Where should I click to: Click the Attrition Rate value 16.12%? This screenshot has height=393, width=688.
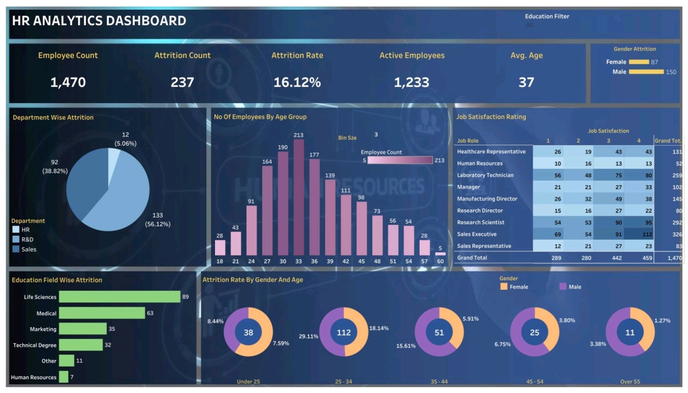tap(296, 82)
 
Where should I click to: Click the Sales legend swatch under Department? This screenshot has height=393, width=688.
tap(16, 249)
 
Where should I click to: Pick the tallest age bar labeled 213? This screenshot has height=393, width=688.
tap(299, 197)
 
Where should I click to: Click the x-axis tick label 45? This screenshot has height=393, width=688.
tap(361, 262)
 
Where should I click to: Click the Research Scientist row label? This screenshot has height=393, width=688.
tap(480, 223)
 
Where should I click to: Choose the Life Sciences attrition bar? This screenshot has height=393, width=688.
tap(119, 297)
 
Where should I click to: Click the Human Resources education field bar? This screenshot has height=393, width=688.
tap(63, 377)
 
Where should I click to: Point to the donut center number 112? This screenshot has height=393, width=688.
tap(344, 332)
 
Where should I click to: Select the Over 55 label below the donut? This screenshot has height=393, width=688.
tap(630, 382)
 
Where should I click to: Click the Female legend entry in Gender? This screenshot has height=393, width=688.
tap(514, 287)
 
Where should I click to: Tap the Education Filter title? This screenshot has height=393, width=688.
tap(547, 17)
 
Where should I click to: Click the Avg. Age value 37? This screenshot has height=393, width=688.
tap(526, 82)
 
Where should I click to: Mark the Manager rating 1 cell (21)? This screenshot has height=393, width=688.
tap(548, 187)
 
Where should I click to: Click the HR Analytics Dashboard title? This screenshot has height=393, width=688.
tap(99, 21)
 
